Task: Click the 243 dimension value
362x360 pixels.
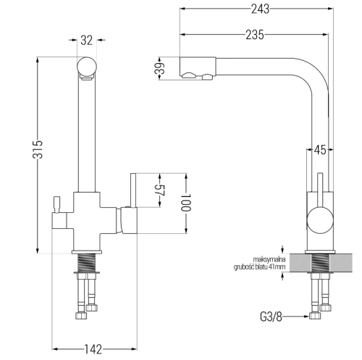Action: pyautogui.click(x=260, y=9)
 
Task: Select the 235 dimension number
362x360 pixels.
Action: pyautogui.click(x=255, y=35)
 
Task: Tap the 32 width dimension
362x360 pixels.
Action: pyautogui.click(x=87, y=41)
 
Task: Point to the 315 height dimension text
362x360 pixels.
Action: pyautogui.click(x=38, y=149)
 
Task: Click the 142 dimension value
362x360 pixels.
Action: pyautogui.click(x=93, y=349)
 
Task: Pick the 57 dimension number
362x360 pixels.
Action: pyautogui.click(x=159, y=191)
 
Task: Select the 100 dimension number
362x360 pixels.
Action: pyautogui.click(x=186, y=202)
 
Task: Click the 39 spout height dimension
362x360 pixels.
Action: pyautogui.click(x=159, y=68)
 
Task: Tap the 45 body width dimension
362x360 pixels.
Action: pyautogui.click(x=320, y=150)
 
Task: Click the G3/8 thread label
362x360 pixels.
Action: pyautogui.click(x=271, y=317)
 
